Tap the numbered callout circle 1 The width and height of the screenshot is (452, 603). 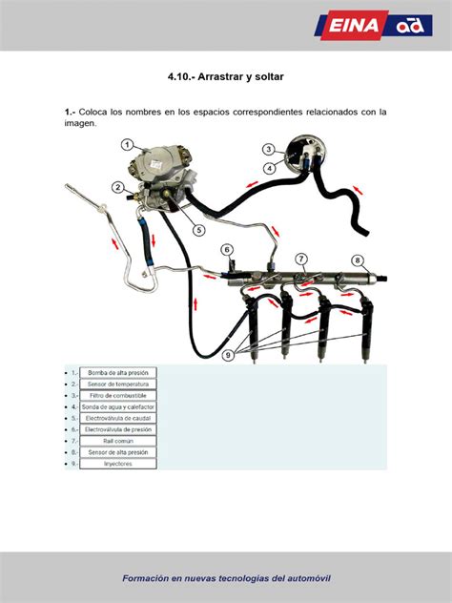127,145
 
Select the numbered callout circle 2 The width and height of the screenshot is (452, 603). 116,187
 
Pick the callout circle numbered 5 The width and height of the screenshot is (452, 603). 198,229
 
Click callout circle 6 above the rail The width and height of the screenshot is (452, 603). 227,250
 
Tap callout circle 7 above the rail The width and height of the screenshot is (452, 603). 300,260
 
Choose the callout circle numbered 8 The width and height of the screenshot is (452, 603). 358,260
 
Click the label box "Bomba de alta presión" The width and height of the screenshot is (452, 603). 118,372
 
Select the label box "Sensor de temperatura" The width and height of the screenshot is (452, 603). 118,384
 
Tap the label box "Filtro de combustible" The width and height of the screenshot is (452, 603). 118,395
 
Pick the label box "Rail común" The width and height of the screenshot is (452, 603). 118,441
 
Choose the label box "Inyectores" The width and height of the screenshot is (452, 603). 118,464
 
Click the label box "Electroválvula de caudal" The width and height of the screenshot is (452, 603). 118,418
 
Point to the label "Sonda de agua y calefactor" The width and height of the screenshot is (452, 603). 118,406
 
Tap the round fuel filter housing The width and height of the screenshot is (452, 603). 306,152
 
